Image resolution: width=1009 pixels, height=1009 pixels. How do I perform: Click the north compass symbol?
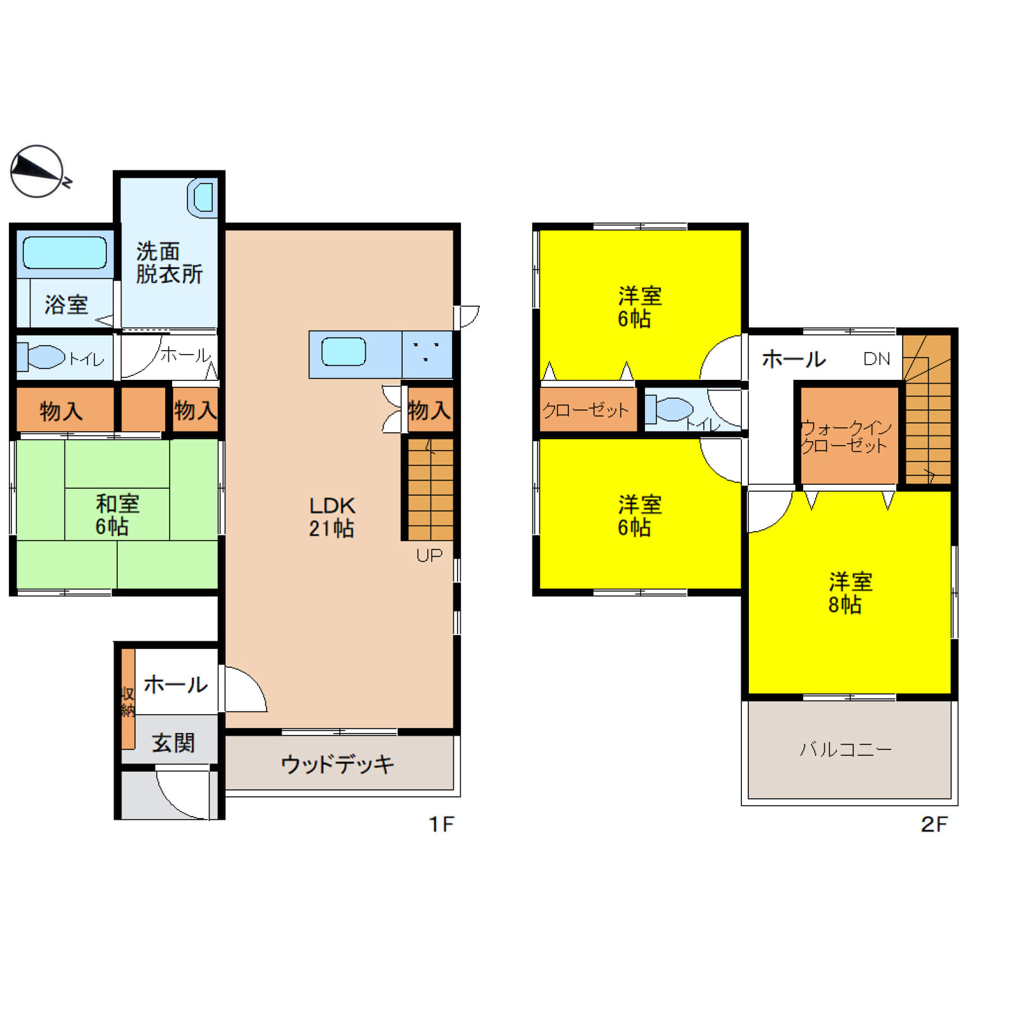38,172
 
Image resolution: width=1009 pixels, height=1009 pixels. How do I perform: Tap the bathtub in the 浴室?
65,253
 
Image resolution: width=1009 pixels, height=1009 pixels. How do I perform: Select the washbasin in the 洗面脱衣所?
203,198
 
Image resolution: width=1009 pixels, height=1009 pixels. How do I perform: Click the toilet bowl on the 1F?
41,356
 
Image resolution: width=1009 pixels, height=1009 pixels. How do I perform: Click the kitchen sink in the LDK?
344,352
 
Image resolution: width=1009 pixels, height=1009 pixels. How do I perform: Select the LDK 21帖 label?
332,517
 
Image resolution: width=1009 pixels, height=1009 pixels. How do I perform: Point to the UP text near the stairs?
429,555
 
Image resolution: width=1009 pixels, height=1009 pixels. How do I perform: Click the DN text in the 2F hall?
877,359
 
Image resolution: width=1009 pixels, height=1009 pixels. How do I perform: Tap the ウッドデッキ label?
337,764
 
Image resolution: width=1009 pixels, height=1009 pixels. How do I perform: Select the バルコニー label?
846,749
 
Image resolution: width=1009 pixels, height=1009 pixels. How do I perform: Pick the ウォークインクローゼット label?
846,437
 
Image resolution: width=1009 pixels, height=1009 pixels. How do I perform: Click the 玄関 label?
173,743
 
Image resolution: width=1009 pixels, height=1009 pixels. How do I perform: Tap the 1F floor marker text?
441,824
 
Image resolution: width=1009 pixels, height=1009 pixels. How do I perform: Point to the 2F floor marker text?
934,824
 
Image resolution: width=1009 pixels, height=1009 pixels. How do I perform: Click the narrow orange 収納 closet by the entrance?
128,699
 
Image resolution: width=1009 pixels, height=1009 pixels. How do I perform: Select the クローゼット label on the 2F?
586,410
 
